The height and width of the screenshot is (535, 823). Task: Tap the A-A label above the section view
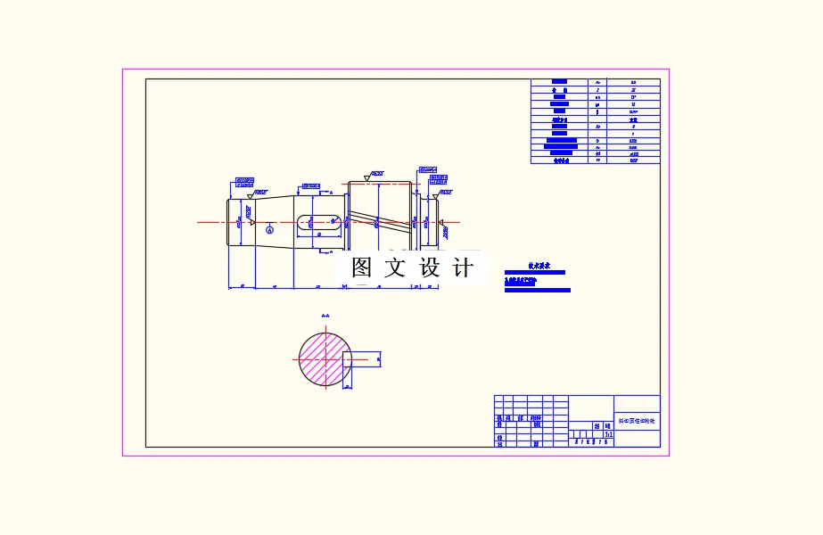point(325,316)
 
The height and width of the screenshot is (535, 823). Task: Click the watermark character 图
point(361,267)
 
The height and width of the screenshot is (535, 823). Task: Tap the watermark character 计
point(463,267)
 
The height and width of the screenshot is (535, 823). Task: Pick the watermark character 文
point(395,267)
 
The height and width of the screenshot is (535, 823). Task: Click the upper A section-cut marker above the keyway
point(331,192)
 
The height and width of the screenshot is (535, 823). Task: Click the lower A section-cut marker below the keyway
point(331,251)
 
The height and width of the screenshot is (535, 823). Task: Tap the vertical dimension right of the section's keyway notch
point(378,358)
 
